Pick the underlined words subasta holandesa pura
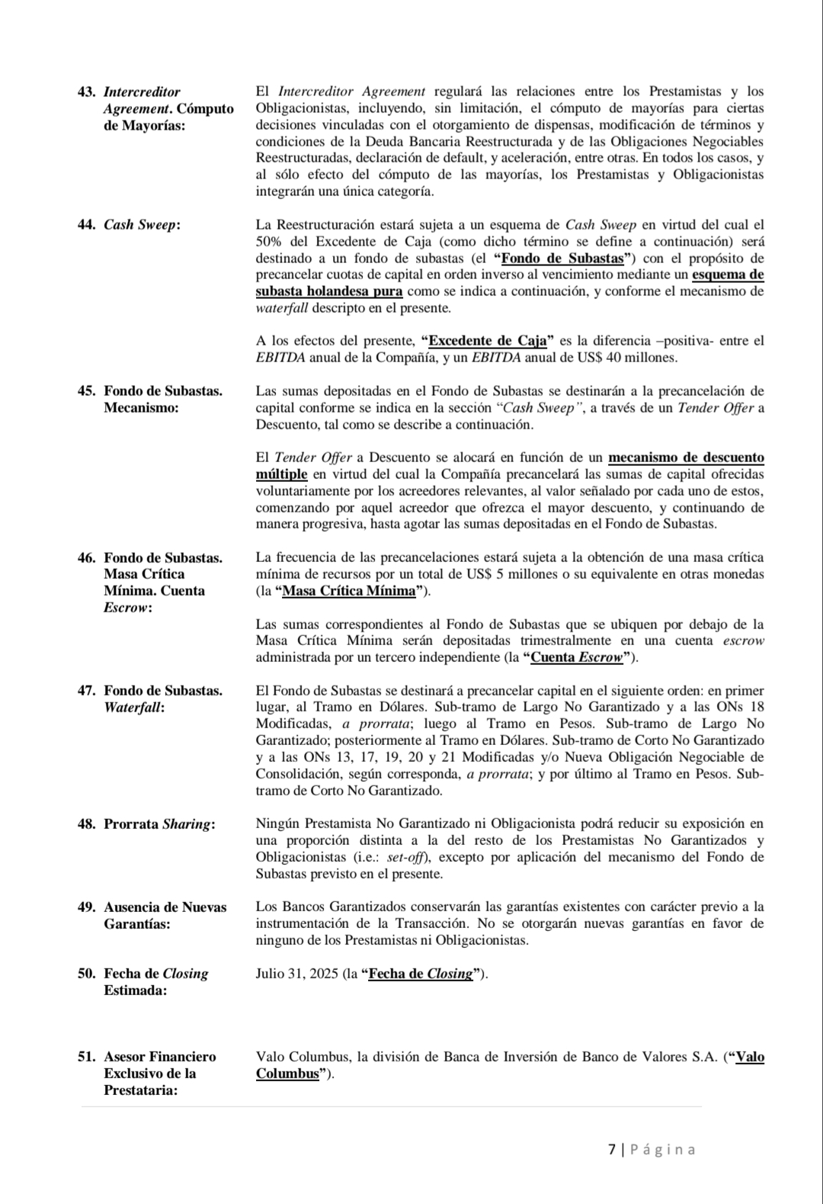tap(329, 291)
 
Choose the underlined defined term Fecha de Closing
tap(420, 974)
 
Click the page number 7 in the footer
tap(612, 1150)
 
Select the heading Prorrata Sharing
tap(159, 824)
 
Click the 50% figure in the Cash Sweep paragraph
tap(269, 242)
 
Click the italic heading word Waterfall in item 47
tap(134, 708)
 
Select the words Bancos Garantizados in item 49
tap(341, 907)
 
